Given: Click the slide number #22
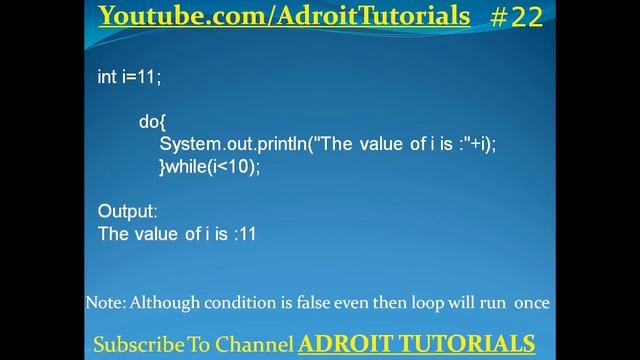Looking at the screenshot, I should coord(516,17).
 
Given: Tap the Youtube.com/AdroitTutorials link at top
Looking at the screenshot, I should coord(285,16).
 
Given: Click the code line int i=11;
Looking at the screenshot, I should coord(129,77).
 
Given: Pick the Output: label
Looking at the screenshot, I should coord(128,212).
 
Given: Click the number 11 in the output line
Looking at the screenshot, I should coord(248,235).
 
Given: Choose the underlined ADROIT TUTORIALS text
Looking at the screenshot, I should coord(415,344).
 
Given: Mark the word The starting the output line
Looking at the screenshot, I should coord(113,235).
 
